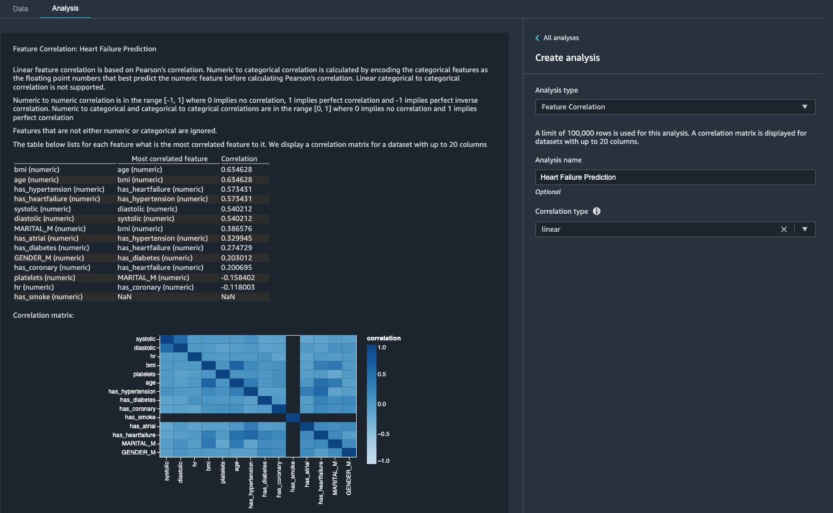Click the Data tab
(x=20, y=9)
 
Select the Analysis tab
(x=65, y=9)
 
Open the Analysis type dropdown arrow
(x=804, y=107)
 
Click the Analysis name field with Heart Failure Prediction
(x=675, y=177)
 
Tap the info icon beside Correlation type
(x=596, y=211)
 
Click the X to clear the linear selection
(x=783, y=229)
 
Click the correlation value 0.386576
(x=237, y=229)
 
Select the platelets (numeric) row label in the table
(x=45, y=278)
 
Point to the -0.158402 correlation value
(x=238, y=278)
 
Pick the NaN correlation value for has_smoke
(x=228, y=297)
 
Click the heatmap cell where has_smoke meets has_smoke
(x=293, y=417)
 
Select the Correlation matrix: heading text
(x=44, y=315)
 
